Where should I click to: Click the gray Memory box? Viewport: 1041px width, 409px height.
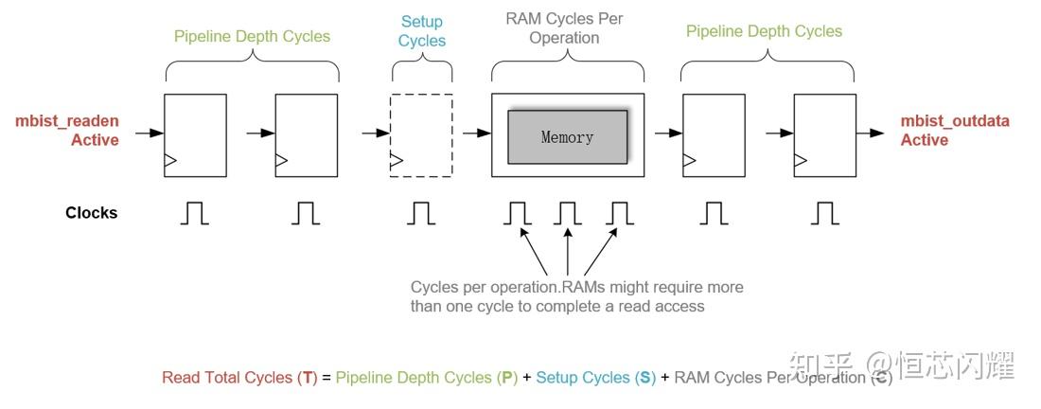tap(568, 136)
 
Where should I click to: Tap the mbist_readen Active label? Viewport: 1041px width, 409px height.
tap(67, 131)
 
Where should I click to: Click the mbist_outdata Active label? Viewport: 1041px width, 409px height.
tap(954, 131)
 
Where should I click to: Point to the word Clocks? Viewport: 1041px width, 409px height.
tap(92, 213)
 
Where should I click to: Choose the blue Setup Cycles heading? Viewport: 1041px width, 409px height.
tap(421, 31)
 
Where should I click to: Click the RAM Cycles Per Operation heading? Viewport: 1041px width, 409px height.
tap(564, 28)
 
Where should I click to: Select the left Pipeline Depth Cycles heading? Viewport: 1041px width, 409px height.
tap(252, 37)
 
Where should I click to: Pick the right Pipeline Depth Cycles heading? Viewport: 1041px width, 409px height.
tap(764, 31)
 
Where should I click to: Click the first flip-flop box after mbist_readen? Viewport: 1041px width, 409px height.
tap(195, 134)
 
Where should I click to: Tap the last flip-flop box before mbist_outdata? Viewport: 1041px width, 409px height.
tap(824, 134)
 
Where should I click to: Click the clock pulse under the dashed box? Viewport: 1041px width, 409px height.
tap(421, 214)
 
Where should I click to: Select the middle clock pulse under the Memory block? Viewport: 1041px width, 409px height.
tap(567, 214)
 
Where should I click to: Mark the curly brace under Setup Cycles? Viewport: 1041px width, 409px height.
tap(421, 69)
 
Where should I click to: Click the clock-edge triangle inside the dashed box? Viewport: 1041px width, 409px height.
tap(397, 160)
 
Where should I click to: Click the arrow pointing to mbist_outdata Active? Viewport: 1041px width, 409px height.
tap(872, 133)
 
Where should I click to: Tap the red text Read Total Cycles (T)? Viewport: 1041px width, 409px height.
tap(239, 378)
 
